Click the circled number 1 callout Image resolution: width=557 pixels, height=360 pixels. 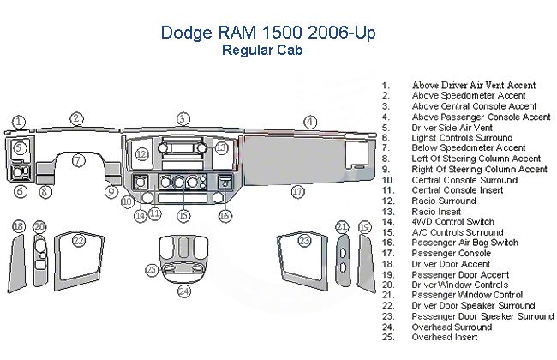(x=19, y=122)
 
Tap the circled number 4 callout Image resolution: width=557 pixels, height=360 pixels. (x=310, y=122)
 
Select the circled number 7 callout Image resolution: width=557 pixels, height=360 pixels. (x=78, y=159)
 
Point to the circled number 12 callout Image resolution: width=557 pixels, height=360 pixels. (x=141, y=154)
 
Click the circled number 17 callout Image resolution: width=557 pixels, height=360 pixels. (x=297, y=192)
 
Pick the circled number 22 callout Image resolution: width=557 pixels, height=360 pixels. (x=79, y=241)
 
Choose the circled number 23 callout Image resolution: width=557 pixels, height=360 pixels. (x=304, y=241)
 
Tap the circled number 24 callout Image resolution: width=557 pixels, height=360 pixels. (x=183, y=291)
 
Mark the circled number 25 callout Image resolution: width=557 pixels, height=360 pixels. (x=152, y=270)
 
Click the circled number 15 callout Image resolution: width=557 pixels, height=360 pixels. (x=183, y=216)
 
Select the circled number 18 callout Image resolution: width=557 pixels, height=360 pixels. (x=19, y=226)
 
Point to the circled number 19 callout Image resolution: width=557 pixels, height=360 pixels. (x=364, y=226)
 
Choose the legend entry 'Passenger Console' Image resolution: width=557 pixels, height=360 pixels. (x=451, y=253)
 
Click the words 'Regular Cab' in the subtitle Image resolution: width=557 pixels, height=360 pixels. (x=261, y=49)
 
